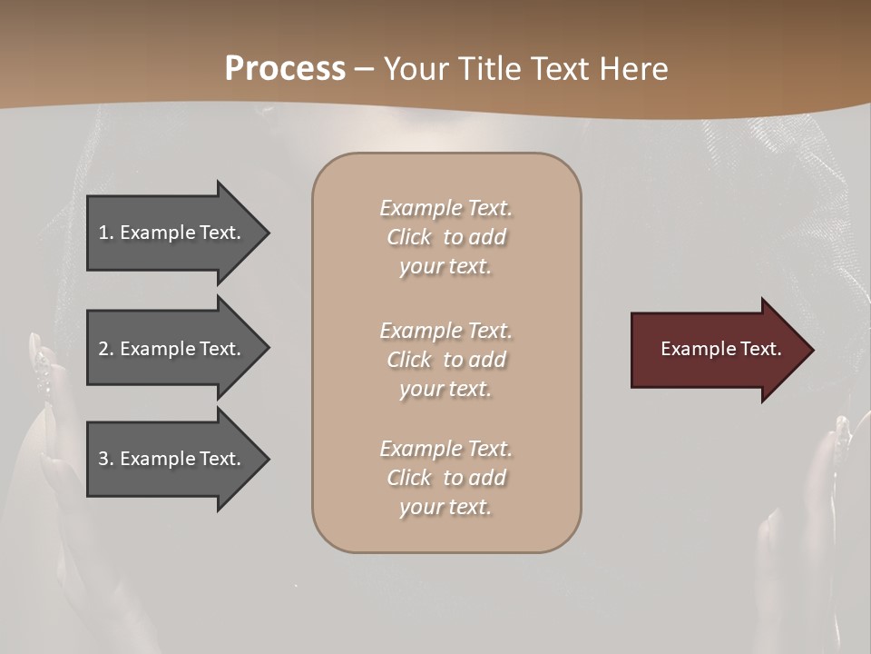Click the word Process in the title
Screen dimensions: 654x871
tap(285, 69)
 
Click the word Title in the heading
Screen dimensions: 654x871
tap(488, 69)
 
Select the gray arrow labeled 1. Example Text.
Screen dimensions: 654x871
tap(172, 233)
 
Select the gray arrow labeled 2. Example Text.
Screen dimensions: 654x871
tap(172, 349)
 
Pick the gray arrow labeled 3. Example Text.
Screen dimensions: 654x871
tap(172, 459)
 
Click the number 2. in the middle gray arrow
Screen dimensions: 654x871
tap(106, 349)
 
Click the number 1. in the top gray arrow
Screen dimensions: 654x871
tap(106, 233)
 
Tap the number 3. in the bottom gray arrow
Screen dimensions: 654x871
tap(106, 459)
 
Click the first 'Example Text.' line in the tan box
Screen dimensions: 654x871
tap(445, 208)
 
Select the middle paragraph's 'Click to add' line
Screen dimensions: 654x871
tap(445, 360)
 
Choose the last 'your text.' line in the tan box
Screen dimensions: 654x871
tap(445, 507)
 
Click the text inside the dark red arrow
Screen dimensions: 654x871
tap(721, 349)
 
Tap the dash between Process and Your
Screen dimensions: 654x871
tap(365, 69)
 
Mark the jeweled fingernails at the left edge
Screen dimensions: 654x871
tap(41, 363)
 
